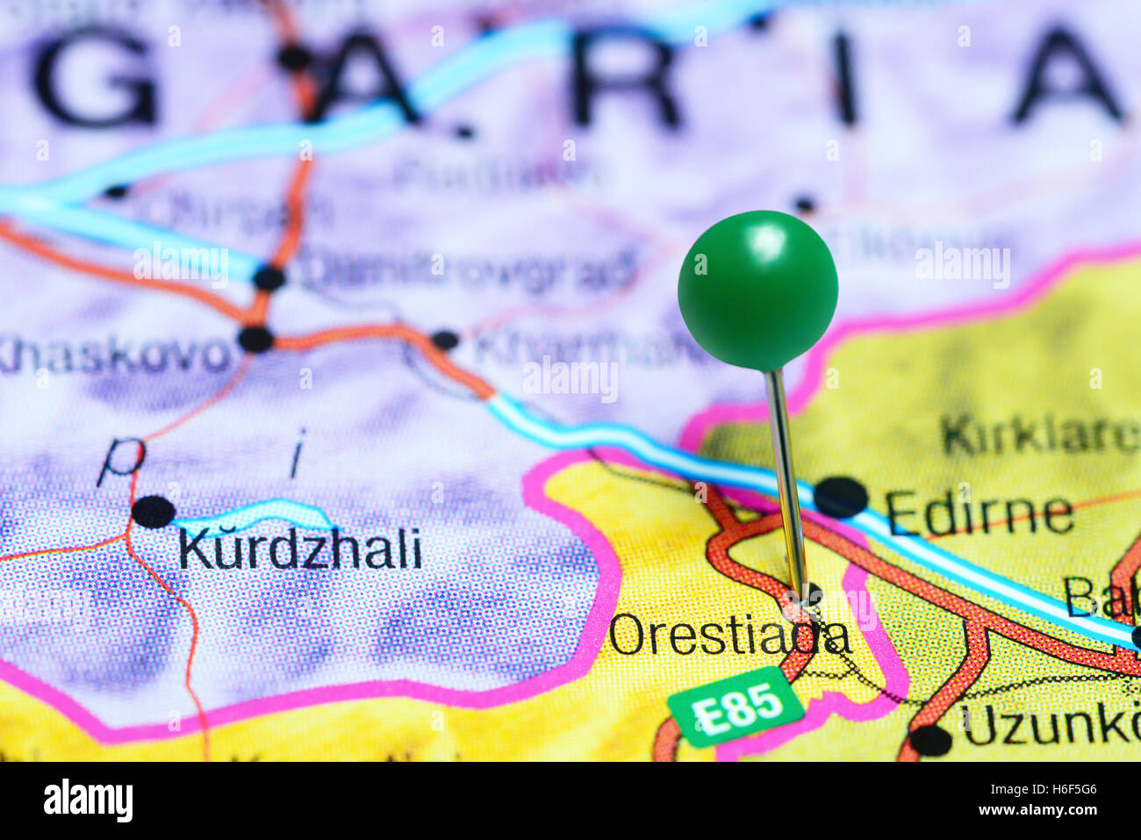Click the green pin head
pos(757,289)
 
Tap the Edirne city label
pos(979,513)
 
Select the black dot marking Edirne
pos(840,497)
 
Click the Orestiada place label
pos(728,635)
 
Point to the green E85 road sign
pos(736,706)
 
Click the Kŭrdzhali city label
pos(299,549)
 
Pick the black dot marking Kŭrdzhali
pos(153,512)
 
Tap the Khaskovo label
pos(114,355)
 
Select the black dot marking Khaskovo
pos(255,339)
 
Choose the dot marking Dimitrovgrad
pos(269,278)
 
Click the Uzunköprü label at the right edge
pos(1050,725)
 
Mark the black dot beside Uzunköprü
pos(930,740)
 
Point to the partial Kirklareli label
pos(1040,434)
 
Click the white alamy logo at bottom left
pos(88,801)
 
